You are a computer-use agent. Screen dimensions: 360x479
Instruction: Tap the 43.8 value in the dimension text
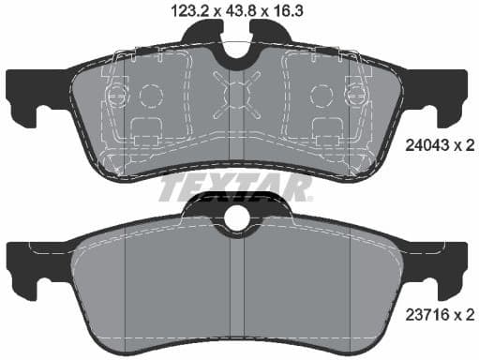[x=218, y=10]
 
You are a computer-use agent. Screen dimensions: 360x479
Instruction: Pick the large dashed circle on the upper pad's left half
[x=150, y=96]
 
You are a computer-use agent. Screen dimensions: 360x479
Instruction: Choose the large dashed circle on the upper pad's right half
[x=320, y=96]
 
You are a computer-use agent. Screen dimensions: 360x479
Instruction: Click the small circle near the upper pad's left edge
[x=117, y=94]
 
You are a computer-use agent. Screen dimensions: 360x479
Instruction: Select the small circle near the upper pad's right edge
[x=354, y=94]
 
